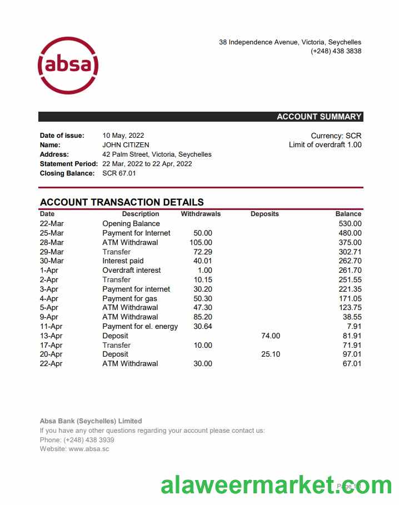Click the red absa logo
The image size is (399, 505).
tap(68, 66)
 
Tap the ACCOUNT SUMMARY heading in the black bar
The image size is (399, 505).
tap(319, 117)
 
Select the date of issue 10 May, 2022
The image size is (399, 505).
tap(123, 136)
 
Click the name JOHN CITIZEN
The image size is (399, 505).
tap(126, 145)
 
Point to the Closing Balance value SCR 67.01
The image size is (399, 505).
tap(119, 173)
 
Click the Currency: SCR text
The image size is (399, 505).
tap(336, 136)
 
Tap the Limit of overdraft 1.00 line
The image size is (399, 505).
tap(325, 145)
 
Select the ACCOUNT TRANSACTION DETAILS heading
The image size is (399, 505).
tap(122, 202)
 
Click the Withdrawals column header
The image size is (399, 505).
tap(201, 214)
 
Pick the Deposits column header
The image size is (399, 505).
tap(265, 214)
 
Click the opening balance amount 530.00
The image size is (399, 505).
tap(350, 224)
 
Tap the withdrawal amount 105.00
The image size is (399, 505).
tap(201, 243)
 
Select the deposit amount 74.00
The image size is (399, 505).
tap(271, 336)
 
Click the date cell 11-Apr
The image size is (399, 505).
tap(51, 327)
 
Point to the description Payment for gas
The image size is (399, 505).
tap(129, 299)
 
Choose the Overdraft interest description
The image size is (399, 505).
tap(132, 271)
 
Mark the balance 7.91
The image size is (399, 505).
tap(353, 327)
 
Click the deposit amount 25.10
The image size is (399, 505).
tap(271, 354)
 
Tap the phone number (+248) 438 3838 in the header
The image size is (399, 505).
tap(336, 51)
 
